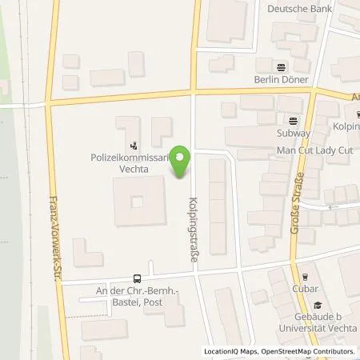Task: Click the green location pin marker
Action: [x=182, y=162]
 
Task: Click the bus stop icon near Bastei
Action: [x=138, y=278]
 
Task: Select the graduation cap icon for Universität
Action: [x=317, y=304]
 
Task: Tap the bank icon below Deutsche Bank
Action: [x=281, y=67]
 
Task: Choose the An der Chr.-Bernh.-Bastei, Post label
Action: [x=137, y=297]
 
